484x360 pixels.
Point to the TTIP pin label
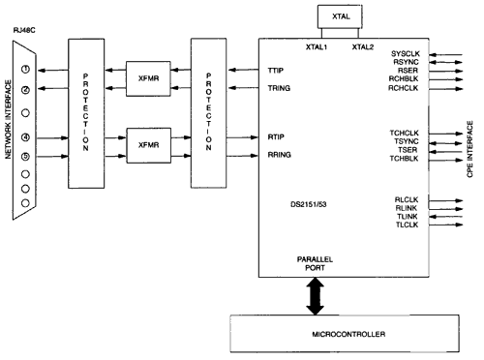pos(274,72)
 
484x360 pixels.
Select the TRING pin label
pos(277,89)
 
